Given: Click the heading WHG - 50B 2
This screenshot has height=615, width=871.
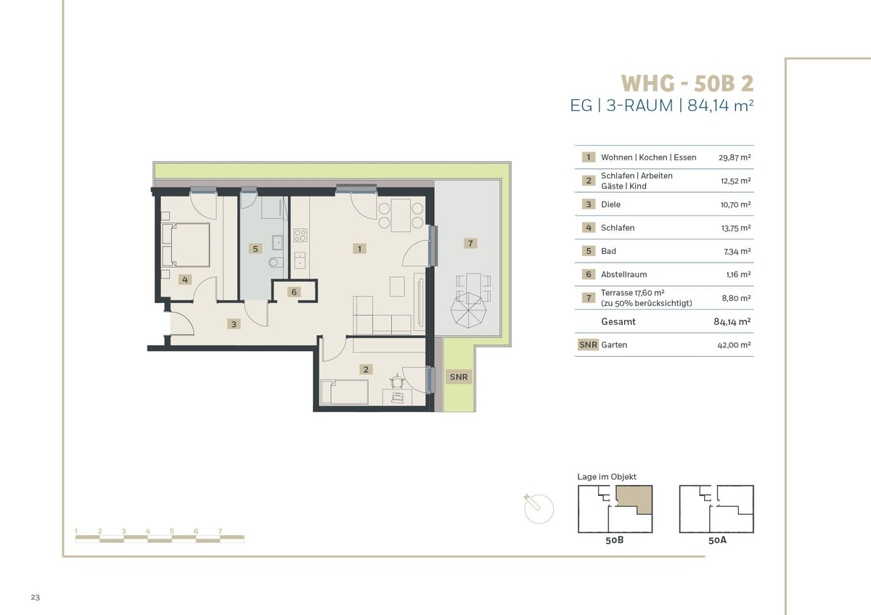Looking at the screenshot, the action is pos(687,83).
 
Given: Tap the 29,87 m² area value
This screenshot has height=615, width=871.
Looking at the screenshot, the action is pos(735,157).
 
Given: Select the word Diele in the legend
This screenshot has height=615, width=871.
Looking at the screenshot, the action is pos(610,205).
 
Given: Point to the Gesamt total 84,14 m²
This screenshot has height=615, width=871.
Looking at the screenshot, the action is pos(732,322).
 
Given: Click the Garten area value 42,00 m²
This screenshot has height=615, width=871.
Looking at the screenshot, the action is pos(734,345).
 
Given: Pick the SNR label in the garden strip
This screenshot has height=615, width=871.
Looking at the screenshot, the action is pos(459,377).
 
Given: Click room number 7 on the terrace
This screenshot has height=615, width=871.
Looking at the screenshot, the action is pos(470,243).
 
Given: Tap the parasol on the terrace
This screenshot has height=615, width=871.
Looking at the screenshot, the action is pos(468,310).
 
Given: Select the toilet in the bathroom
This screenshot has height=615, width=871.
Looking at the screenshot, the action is pos(276,263).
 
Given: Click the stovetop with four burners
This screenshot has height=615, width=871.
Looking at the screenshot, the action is pos(300,235).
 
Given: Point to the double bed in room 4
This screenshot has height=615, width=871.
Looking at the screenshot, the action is pos(186,244).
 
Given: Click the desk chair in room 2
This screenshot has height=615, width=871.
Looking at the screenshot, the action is pos(396,381).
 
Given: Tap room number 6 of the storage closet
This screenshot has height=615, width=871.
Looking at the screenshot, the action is pos(294,292).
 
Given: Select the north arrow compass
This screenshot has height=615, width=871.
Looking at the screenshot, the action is pos(538,508).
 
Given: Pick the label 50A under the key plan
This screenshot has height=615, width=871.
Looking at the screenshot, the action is pos(717,540).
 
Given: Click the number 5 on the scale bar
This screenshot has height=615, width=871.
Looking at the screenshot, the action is pos(171,531).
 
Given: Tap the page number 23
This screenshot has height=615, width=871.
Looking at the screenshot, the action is pos(36,598).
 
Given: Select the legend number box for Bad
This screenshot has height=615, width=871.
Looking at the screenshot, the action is pos(589,251).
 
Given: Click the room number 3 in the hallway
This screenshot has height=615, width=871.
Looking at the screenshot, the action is pos(234,324).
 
